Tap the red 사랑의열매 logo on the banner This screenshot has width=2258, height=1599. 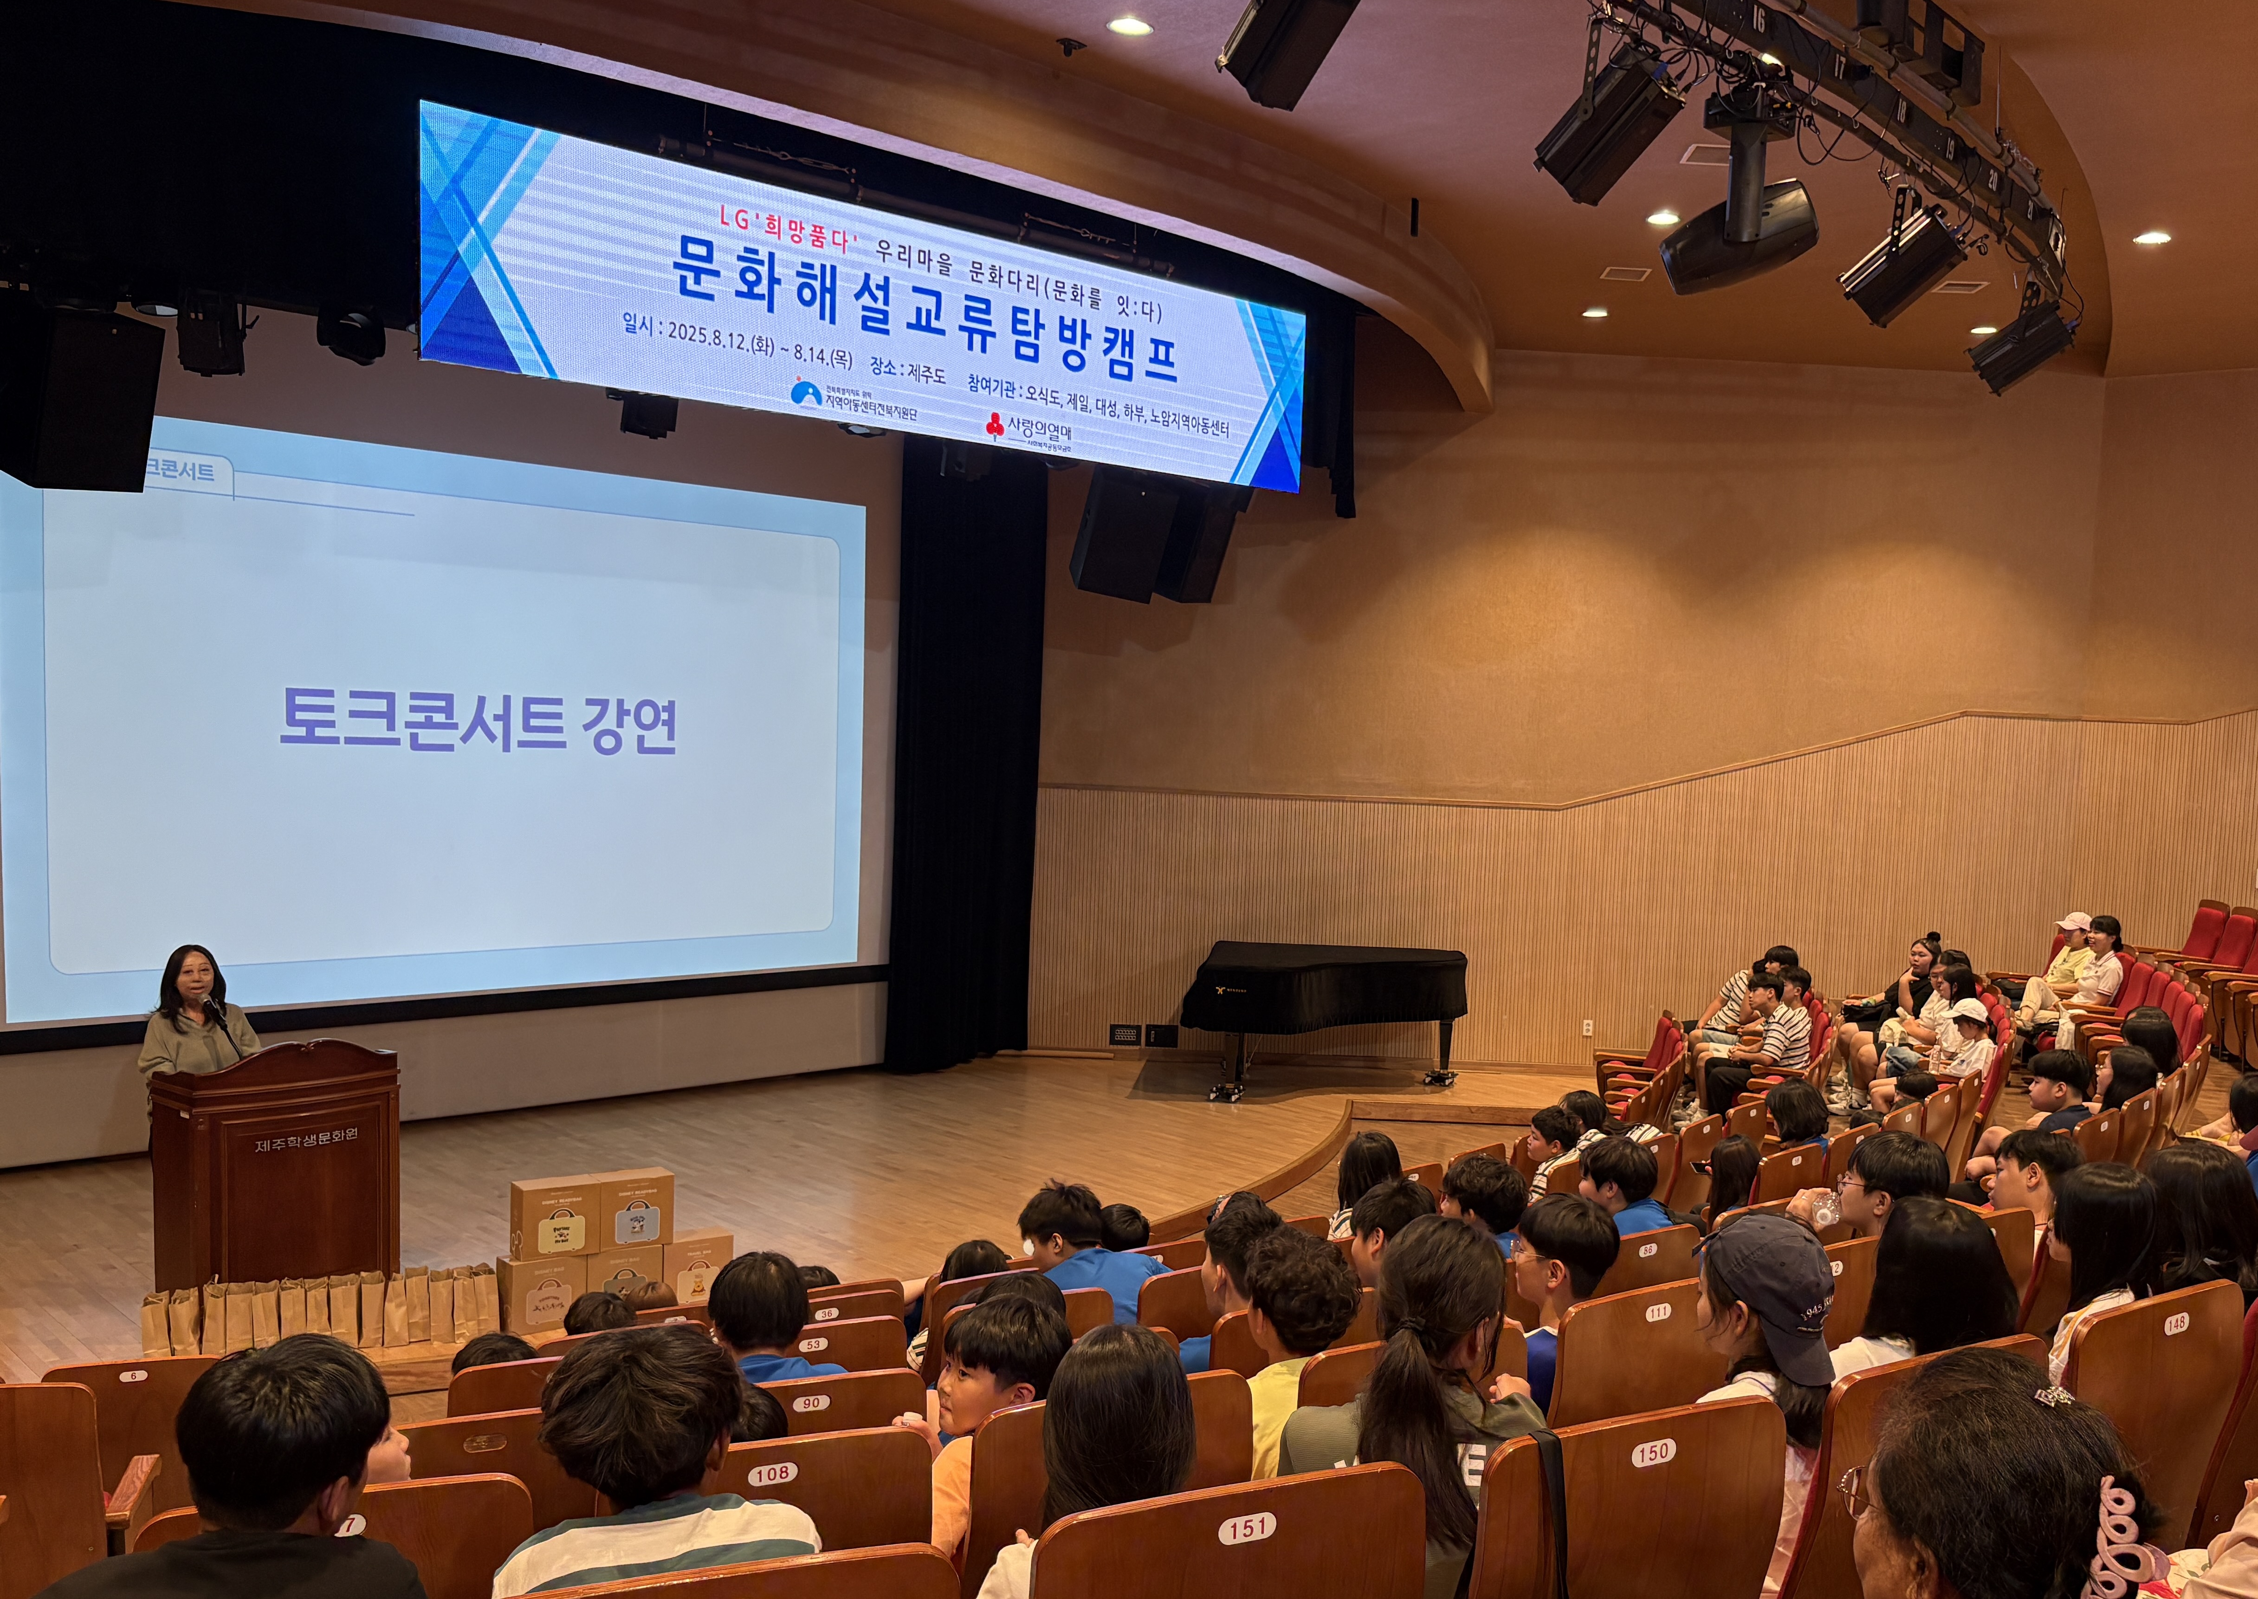tap(995, 427)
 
